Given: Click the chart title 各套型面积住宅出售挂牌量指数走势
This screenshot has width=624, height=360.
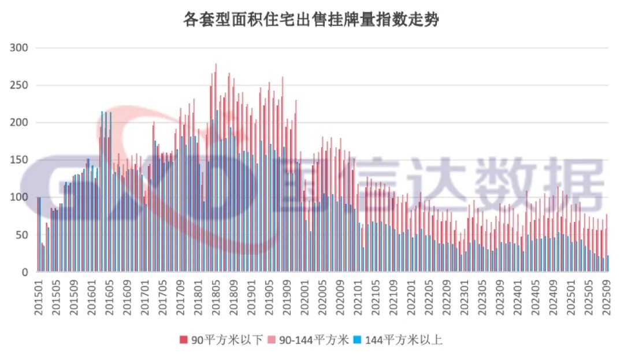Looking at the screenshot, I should tap(311, 21).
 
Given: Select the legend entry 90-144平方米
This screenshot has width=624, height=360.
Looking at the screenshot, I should tap(314, 340).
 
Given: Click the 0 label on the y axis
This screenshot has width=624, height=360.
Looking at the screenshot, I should tap(24, 272).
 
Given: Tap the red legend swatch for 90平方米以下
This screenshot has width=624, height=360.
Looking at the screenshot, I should tap(184, 340).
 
